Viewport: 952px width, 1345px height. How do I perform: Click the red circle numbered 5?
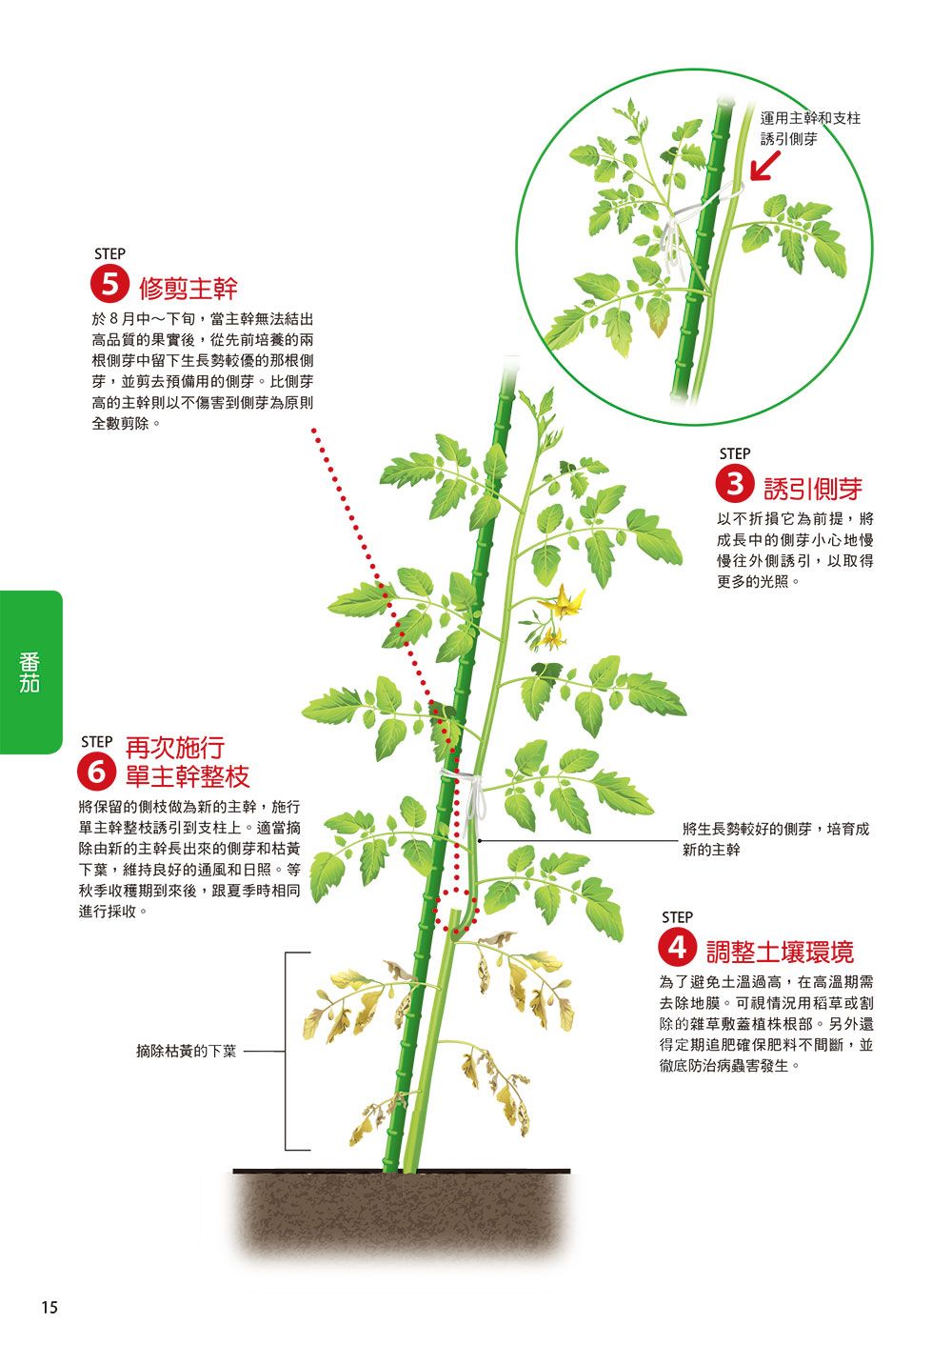click(109, 285)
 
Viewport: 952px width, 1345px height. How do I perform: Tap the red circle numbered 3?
click(735, 484)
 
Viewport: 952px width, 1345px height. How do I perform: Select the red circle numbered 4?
click(677, 948)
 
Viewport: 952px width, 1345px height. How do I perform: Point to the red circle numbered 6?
click(96, 773)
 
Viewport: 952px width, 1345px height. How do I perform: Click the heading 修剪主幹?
click(188, 289)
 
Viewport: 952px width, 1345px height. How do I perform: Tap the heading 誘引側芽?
click(813, 489)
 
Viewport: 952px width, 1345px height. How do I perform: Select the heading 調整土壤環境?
click(780, 952)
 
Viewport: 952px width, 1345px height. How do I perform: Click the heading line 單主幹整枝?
click(188, 776)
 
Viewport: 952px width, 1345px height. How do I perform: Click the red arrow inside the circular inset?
click(766, 165)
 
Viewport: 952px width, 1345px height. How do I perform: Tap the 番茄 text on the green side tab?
click(29, 672)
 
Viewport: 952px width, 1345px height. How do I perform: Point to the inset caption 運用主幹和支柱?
click(810, 118)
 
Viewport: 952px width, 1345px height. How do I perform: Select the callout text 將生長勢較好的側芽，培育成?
click(776, 830)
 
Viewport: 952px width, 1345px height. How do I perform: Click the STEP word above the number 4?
click(677, 918)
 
